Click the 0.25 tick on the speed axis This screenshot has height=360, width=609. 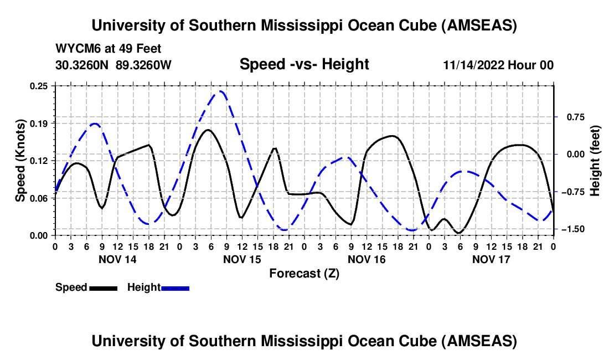(x=40, y=86)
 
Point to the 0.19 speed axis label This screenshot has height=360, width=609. (x=40, y=123)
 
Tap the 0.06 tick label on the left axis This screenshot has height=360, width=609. (x=40, y=198)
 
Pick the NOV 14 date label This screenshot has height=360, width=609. (x=117, y=259)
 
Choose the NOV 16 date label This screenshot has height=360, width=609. (x=366, y=259)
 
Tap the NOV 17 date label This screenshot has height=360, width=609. (x=491, y=259)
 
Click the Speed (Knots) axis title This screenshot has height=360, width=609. (x=20, y=160)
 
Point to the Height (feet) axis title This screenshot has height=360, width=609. (x=595, y=160)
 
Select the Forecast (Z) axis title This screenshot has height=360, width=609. (x=304, y=273)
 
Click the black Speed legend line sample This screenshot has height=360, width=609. (x=103, y=287)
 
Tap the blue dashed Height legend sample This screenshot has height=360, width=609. (x=176, y=287)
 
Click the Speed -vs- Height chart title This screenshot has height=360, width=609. (x=304, y=64)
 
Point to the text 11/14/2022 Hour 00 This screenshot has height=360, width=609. (x=498, y=65)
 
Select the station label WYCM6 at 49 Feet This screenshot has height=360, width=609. (x=109, y=49)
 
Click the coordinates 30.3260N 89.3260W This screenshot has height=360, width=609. (x=113, y=65)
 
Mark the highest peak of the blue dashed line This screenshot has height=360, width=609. (x=221, y=91)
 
